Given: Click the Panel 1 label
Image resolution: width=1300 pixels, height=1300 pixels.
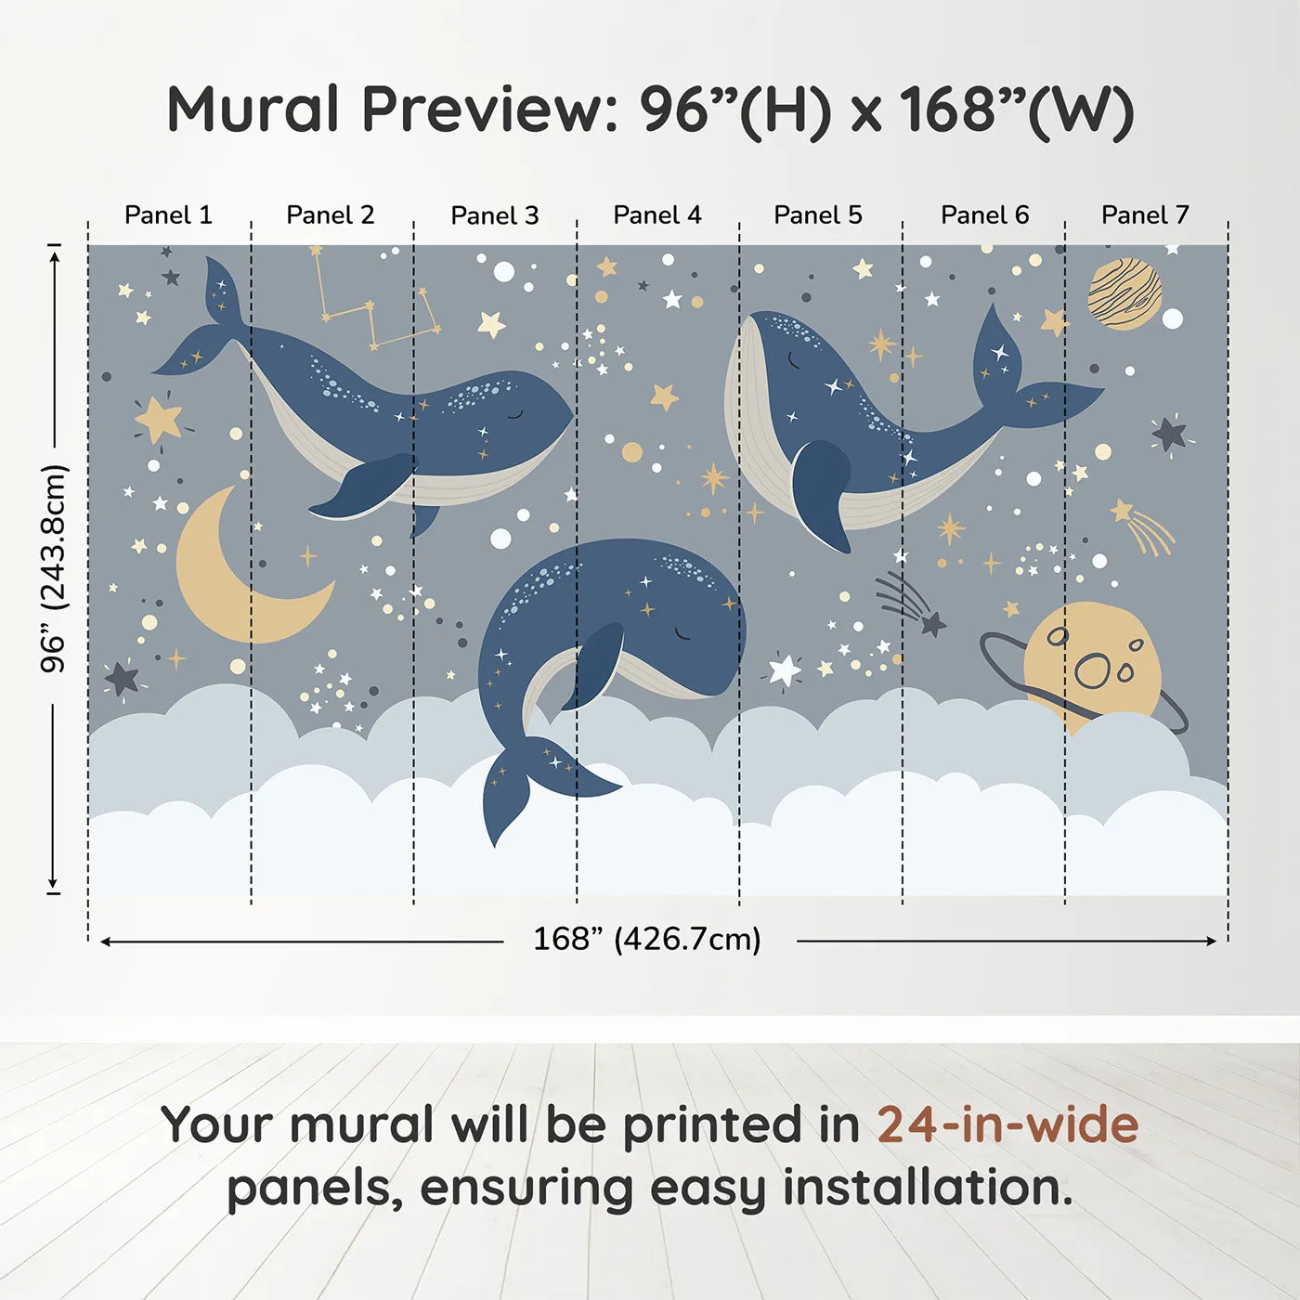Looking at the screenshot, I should pos(168,215).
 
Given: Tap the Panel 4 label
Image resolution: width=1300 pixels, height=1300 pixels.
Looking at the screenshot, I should pos(656,215).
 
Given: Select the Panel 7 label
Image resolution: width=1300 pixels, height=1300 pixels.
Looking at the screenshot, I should pos(1144,215).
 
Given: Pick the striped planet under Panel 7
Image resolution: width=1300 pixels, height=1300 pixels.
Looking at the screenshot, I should pos(1124,294).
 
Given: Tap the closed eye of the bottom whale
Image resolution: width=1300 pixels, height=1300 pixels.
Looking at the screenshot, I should pos(682,634).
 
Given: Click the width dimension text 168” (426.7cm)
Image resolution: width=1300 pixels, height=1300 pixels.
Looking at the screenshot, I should pos(646,940).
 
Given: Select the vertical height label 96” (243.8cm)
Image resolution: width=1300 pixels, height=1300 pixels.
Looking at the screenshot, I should pos(54,568).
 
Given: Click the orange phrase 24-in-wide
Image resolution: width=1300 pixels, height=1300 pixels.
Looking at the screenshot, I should pos(1007,1125).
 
